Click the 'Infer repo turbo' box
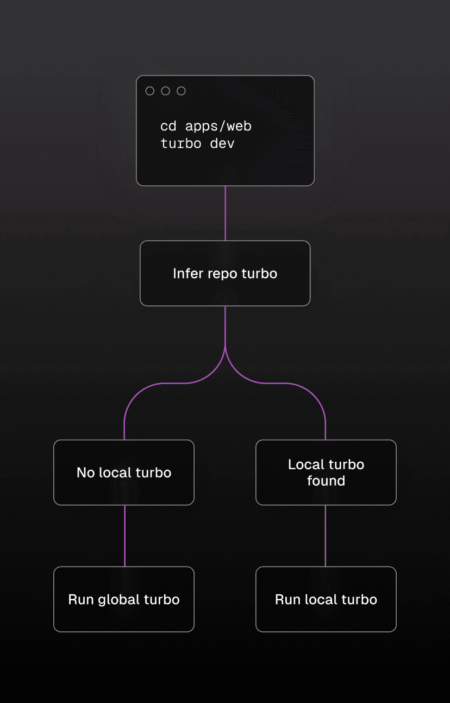point(225,273)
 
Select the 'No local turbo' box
point(124,473)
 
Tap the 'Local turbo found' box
point(326,473)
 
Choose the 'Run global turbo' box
point(124,599)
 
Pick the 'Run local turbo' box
point(326,599)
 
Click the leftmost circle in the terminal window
point(150,91)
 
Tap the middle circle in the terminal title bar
point(166,91)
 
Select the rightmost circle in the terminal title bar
point(182,91)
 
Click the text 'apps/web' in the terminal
point(218,127)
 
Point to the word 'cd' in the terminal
point(168,127)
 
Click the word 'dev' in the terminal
point(222,145)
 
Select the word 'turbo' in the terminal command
point(181,145)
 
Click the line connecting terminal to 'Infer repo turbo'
point(225,213)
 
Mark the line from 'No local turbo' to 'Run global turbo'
point(124,536)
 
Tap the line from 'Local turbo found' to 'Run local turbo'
point(326,536)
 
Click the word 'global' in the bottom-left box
point(118,600)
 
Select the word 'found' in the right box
point(326,481)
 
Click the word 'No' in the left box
point(85,473)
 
